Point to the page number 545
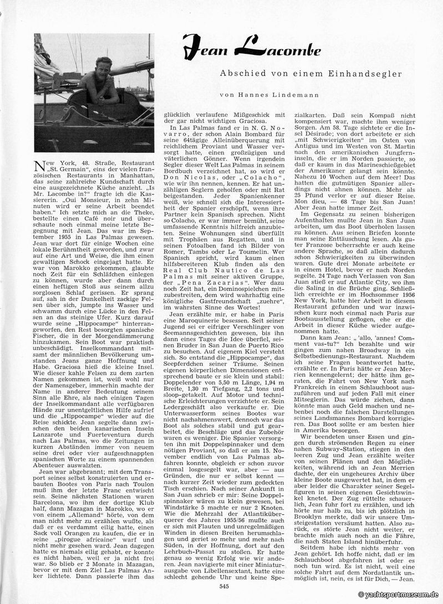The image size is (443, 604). [224, 586]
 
